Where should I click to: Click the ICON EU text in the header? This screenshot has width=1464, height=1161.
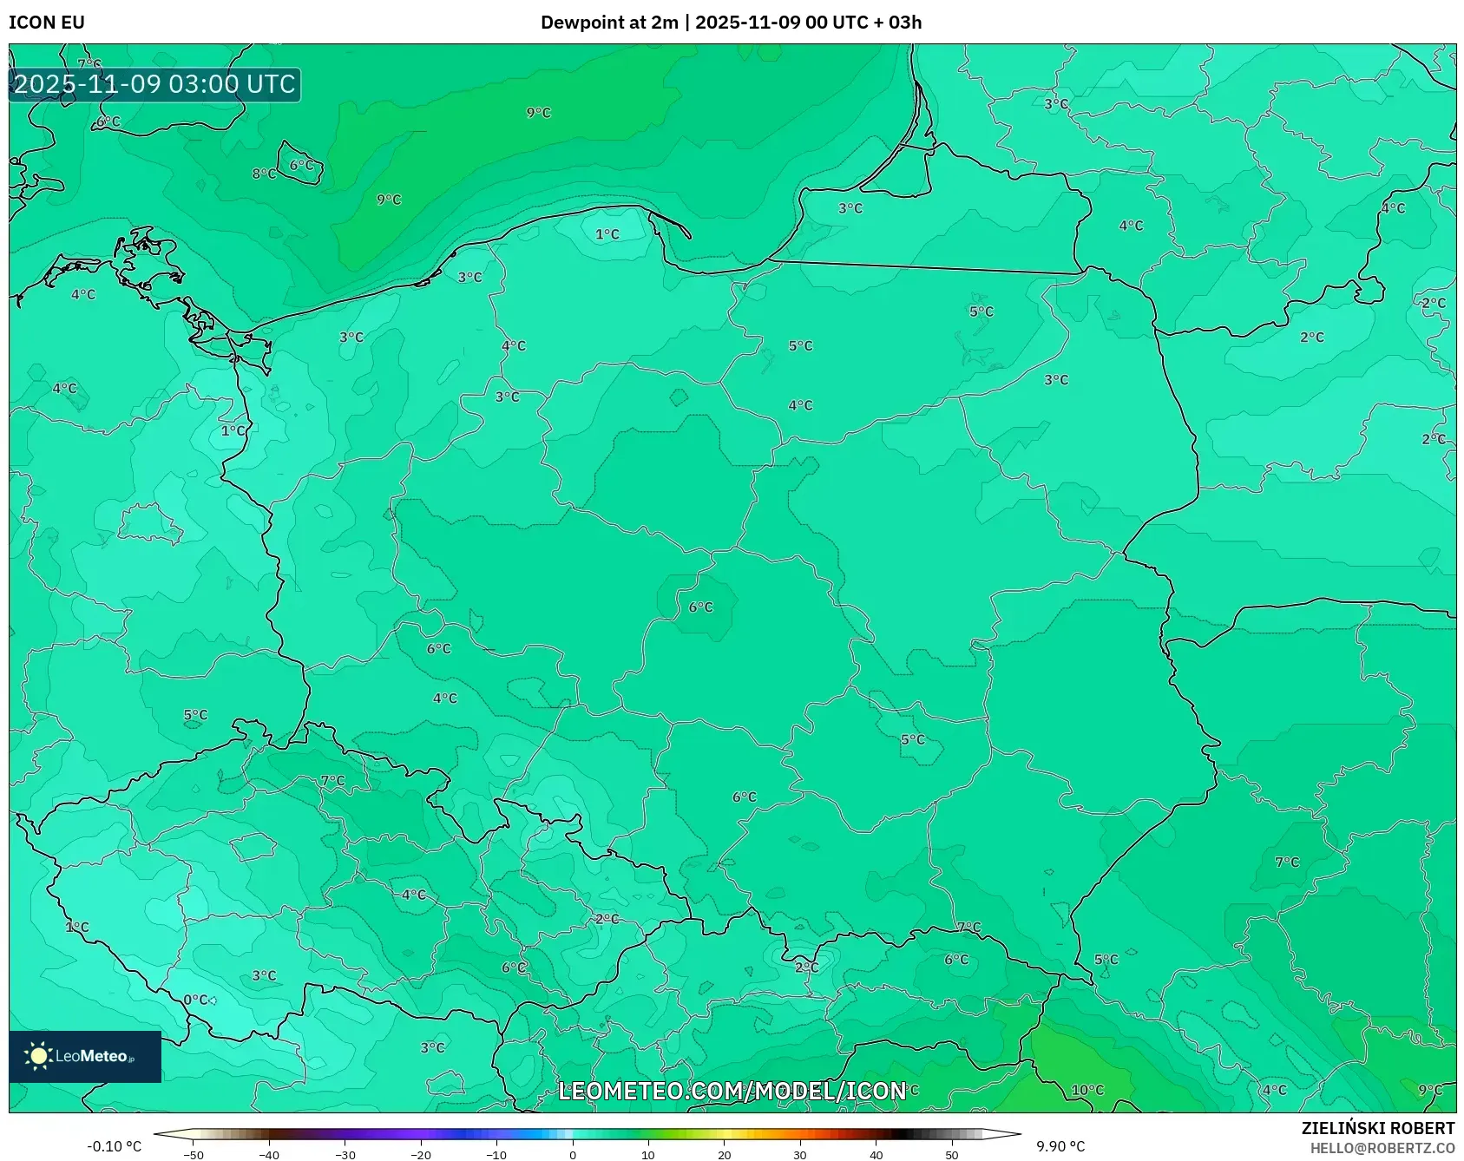(x=47, y=23)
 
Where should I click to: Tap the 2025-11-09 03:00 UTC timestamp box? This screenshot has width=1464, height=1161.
(x=154, y=85)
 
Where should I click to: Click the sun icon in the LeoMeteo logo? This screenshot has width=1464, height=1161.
(x=38, y=1055)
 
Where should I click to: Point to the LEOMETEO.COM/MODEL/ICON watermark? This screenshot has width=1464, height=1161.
(x=732, y=1091)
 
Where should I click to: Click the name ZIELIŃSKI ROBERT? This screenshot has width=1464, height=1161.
(x=1377, y=1128)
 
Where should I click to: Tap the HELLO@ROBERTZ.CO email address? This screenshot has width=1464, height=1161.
(x=1382, y=1148)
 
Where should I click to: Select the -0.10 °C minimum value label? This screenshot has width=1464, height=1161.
(x=114, y=1146)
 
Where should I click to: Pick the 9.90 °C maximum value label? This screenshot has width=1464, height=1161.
(x=1060, y=1146)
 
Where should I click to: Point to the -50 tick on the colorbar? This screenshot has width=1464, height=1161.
(x=194, y=1155)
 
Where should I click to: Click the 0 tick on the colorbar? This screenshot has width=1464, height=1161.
(x=572, y=1155)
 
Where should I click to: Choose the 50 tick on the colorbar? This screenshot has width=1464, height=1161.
(x=952, y=1155)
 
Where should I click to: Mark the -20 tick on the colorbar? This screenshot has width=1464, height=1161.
(x=421, y=1155)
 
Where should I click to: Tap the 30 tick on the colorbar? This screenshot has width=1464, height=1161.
(x=800, y=1155)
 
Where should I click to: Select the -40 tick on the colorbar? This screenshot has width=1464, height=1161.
(x=269, y=1155)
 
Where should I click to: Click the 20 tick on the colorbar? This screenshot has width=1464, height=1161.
(x=724, y=1155)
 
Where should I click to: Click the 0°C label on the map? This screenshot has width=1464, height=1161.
(x=195, y=1000)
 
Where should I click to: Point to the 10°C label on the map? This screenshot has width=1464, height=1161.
(x=1087, y=1090)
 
